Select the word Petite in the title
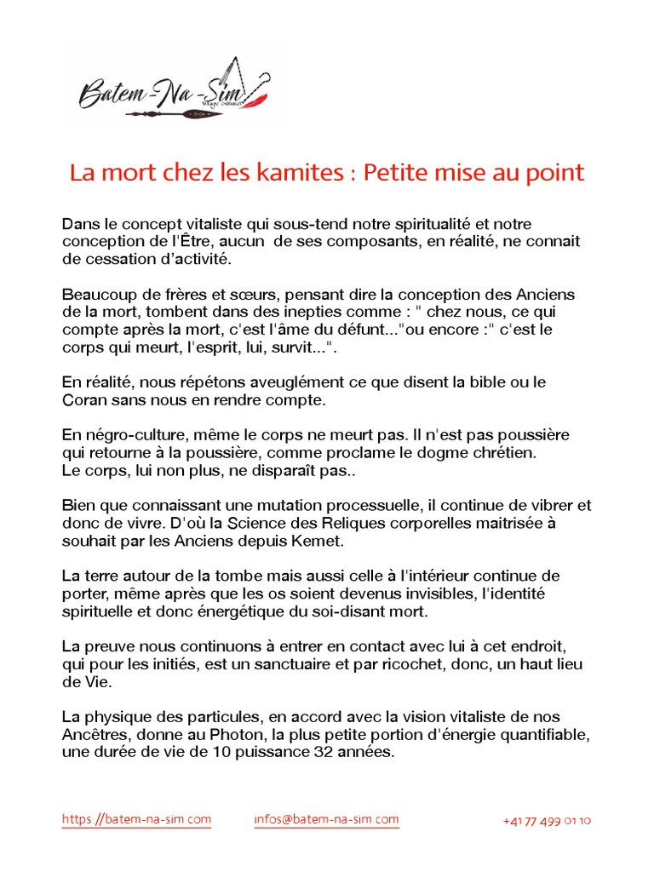click(x=396, y=173)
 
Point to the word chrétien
click(x=508, y=452)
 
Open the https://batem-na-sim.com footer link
click(x=136, y=820)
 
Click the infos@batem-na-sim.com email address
click(x=326, y=820)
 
